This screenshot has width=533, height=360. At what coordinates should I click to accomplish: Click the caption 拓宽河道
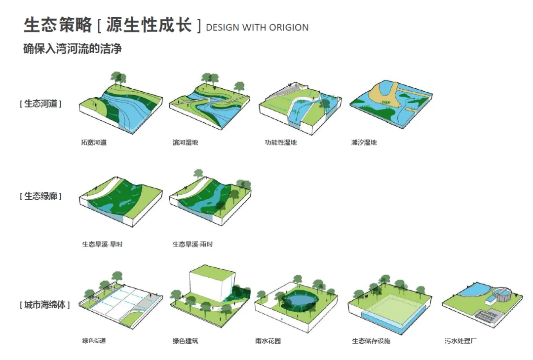click(94, 143)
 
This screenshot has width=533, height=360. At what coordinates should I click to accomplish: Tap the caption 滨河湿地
click(185, 143)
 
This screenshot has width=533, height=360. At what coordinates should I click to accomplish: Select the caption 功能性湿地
click(280, 143)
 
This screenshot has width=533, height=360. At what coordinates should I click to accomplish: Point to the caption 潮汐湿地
click(364, 143)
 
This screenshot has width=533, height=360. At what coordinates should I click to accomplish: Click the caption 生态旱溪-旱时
click(102, 244)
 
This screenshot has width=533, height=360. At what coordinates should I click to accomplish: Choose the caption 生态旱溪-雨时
click(193, 244)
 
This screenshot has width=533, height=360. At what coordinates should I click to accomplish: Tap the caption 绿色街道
click(94, 341)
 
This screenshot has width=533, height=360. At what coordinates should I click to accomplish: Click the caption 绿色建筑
click(185, 341)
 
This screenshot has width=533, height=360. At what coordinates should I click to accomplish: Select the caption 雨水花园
click(268, 341)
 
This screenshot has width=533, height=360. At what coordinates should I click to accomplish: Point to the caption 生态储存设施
click(371, 341)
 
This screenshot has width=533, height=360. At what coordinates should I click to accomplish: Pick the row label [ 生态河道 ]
click(40, 104)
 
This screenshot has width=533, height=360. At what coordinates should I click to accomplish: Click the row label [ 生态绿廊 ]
click(40, 196)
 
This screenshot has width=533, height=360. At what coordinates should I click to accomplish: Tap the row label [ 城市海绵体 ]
click(44, 305)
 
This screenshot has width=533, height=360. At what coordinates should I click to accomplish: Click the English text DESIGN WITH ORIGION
click(257, 28)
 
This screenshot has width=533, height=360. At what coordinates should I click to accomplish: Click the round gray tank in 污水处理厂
click(501, 294)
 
